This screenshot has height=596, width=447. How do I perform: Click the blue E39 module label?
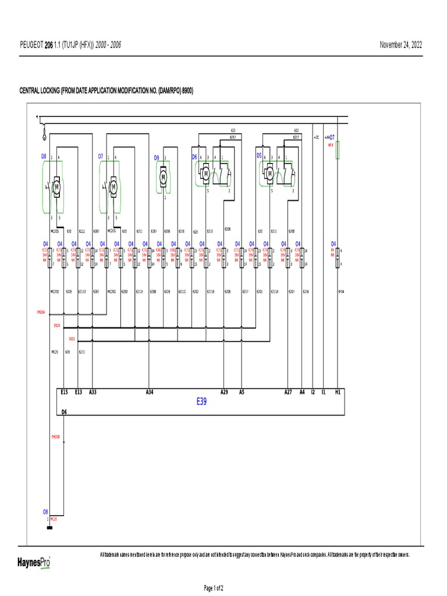[x=201, y=401]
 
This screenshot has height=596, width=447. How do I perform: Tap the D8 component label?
[x=43, y=157]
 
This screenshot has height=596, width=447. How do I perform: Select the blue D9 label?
[x=157, y=158]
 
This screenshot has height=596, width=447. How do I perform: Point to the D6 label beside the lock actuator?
[x=194, y=157]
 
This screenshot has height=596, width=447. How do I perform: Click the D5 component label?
[x=259, y=156]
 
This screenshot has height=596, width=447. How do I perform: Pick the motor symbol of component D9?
[x=164, y=175]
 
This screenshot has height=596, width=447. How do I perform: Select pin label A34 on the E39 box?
[x=150, y=392]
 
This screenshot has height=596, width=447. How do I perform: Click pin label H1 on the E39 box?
[x=338, y=392]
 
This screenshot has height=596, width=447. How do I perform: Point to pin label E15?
[x=64, y=392]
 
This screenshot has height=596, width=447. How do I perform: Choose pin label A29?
[x=224, y=392]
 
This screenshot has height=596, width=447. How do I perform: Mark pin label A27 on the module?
[x=288, y=392]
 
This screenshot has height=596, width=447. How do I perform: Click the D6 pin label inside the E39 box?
[x=65, y=411]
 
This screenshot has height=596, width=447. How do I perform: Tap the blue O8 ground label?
[x=45, y=510]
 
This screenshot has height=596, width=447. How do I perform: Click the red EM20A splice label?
[x=41, y=312]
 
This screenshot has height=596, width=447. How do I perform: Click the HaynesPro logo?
[x=33, y=562]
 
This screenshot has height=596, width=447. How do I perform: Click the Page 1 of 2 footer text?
[x=213, y=588]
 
